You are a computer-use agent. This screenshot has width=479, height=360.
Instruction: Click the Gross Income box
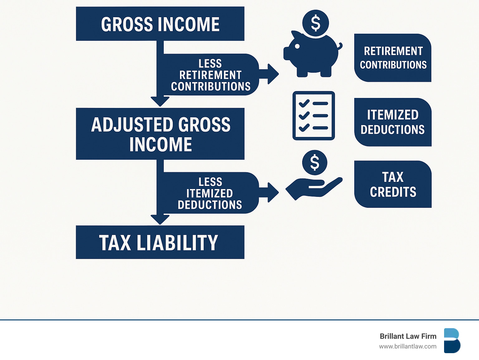(x=160, y=24)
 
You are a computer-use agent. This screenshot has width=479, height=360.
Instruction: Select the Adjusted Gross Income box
(x=160, y=134)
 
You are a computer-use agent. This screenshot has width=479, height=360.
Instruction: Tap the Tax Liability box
(x=160, y=242)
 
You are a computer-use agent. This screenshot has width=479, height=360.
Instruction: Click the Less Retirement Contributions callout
(x=210, y=75)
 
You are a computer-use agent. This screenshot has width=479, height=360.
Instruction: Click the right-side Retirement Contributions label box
(x=393, y=58)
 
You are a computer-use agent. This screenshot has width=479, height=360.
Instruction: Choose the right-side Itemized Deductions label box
(x=393, y=122)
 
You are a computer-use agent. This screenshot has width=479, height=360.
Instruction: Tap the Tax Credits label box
(x=393, y=184)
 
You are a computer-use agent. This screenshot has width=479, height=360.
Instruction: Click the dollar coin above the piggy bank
(x=316, y=23)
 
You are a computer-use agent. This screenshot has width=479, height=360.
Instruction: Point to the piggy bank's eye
(x=297, y=46)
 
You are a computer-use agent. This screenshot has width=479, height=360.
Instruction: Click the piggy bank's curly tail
(x=340, y=46)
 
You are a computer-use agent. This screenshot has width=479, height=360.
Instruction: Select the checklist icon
(x=314, y=115)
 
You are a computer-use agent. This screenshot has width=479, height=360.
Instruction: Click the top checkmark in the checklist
(x=304, y=103)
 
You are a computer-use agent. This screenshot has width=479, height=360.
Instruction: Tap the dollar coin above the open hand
(x=315, y=163)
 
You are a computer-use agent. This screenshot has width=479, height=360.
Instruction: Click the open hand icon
(x=314, y=189)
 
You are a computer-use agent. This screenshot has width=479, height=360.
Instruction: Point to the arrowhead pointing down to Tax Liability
(x=160, y=219)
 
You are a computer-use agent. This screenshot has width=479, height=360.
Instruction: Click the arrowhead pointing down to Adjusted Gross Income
(x=160, y=101)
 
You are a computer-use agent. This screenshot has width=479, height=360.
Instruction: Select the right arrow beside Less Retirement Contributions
(x=269, y=74)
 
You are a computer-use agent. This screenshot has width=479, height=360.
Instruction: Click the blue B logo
(x=452, y=341)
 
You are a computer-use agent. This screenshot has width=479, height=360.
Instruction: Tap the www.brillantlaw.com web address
(x=408, y=347)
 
